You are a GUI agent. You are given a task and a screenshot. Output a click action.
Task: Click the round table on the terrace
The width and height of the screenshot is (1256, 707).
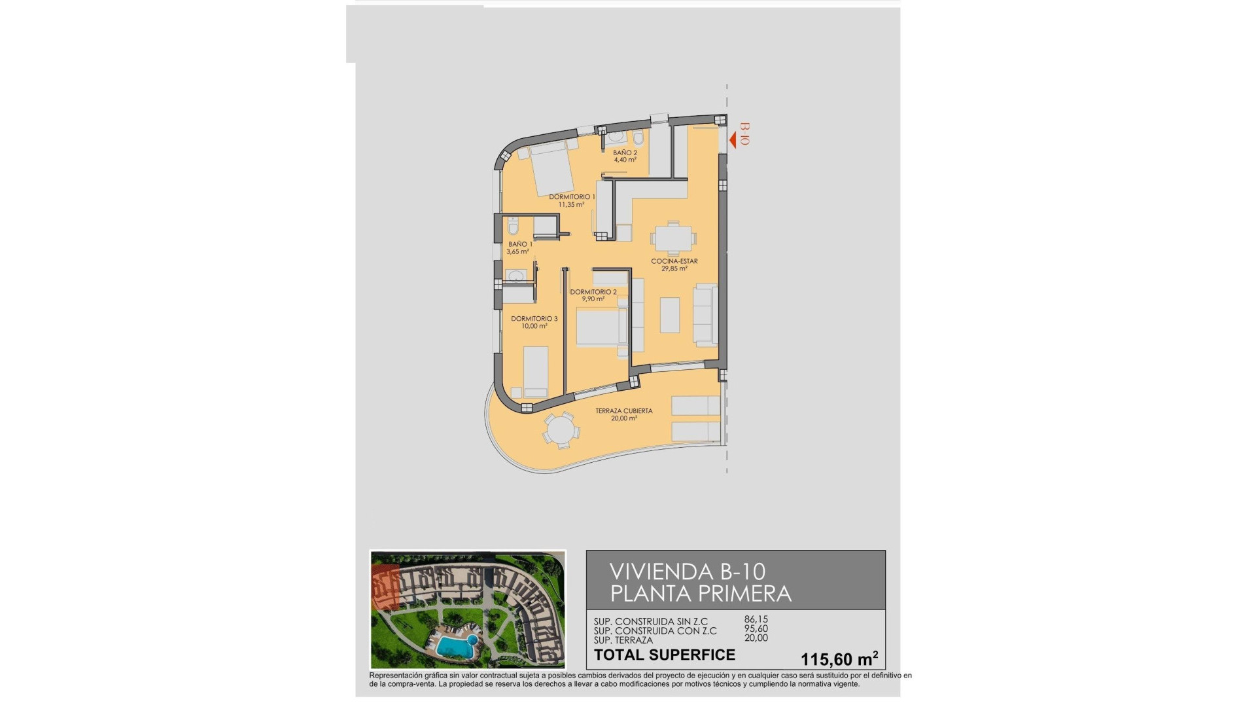click(x=560, y=431)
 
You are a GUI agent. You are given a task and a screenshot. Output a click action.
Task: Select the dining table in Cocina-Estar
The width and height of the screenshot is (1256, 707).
click(x=673, y=237)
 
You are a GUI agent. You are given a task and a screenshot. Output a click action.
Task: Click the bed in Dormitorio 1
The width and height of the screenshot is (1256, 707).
click(x=551, y=168)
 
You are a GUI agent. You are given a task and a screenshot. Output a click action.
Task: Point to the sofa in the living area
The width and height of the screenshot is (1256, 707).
click(x=705, y=316)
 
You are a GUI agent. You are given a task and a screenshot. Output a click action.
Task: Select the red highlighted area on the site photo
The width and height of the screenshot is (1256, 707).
click(x=385, y=587)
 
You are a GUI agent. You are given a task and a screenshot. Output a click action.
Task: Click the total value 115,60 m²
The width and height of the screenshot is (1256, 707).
click(x=839, y=659)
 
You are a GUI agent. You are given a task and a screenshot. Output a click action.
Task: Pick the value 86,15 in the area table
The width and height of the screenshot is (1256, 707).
click(x=756, y=619)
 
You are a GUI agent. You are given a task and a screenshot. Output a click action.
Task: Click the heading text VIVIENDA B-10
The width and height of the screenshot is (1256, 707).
click(x=687, y=571)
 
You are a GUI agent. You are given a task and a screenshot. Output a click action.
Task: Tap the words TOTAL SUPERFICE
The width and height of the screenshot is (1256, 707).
click(x=664, y=655)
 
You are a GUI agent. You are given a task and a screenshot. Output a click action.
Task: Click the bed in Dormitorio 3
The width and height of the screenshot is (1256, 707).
click(x=536, y=371)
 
